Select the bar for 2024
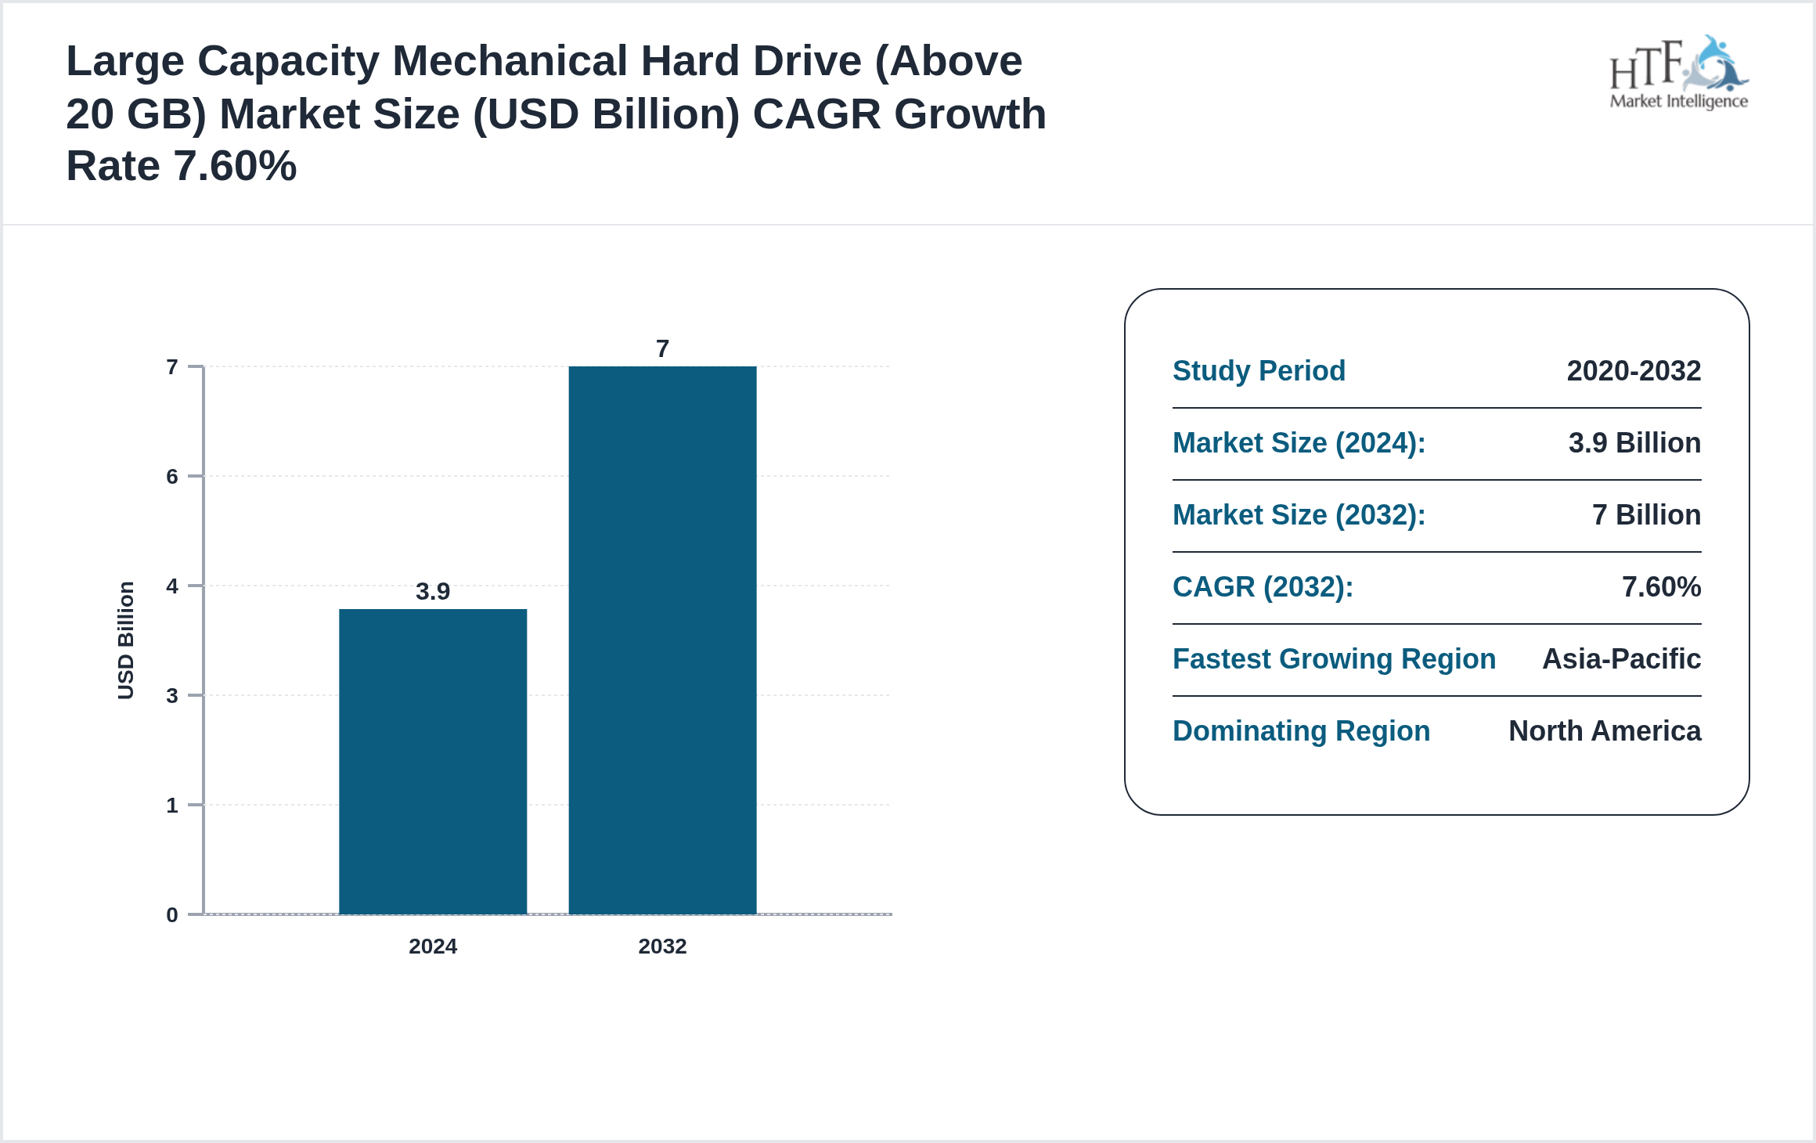coord(433,761)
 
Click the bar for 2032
coord(662,640)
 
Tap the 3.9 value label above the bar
coord(433,591)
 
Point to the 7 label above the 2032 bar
coord(662,348)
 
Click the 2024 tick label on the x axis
coord(433,946)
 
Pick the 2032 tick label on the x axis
coord(662,946)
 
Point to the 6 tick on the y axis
coord(172,476)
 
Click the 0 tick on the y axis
coord(172,914)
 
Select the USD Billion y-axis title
coord(126,640)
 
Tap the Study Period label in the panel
coord(1259,370)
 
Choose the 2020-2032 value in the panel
coord(1634,370)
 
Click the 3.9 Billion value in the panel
coord(1634,442)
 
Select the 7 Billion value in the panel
coord(1646,514)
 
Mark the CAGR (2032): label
coord(1263,586)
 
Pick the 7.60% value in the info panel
coord(1661,586)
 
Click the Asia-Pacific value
coord(1621,658)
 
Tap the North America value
coord(1605,730)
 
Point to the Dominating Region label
coord(1301,730)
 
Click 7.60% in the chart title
coord(235,166)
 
